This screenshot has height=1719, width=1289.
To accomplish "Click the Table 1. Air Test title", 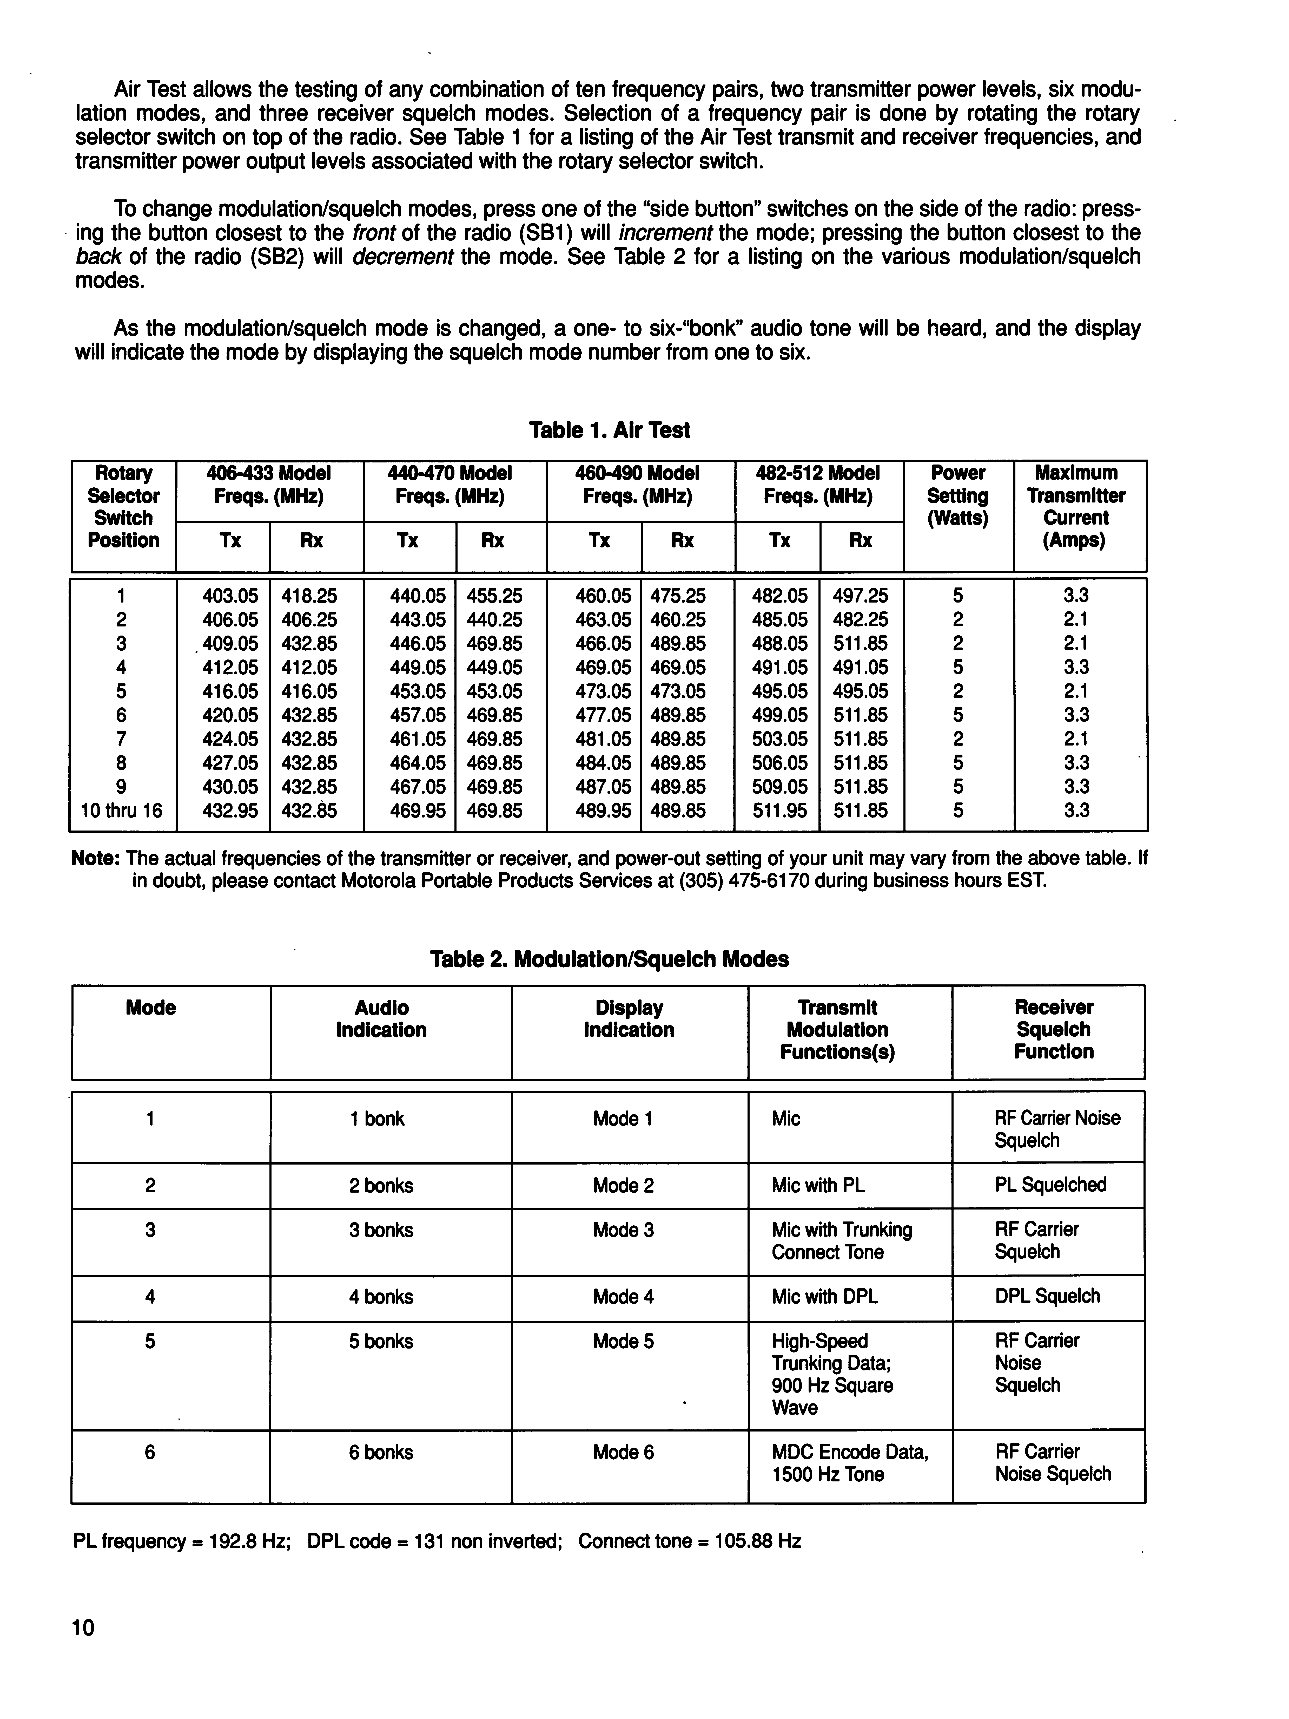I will (609, 430).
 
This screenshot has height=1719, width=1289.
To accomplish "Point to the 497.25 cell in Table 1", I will (860, 596).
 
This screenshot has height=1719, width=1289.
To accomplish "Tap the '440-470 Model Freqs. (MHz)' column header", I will (450, 484).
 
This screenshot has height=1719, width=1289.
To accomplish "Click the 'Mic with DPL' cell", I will (824, 1297).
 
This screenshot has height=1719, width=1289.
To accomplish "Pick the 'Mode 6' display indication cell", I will (623, 1453).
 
